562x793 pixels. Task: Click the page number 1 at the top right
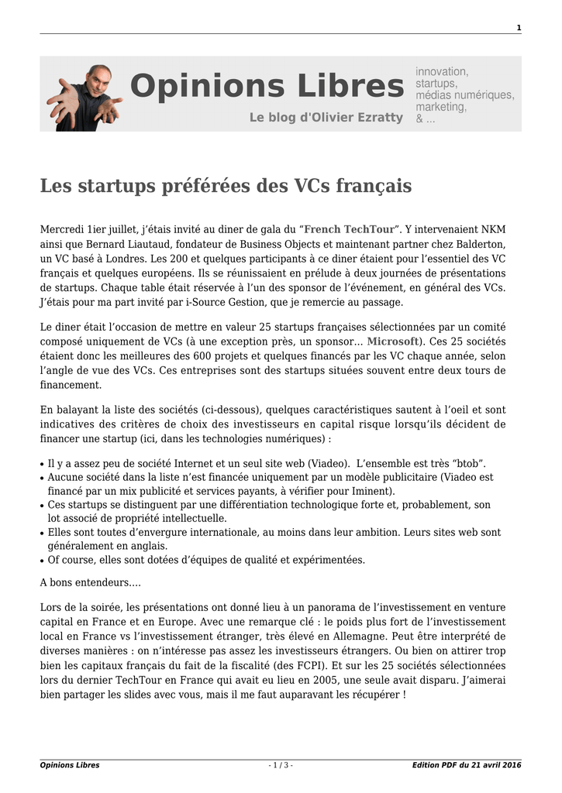[x=519, y=29]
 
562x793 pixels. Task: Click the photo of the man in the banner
[x=86, y=97]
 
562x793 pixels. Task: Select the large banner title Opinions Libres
[x=267, y=85]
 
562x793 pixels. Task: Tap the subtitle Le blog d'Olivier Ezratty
[x=326, y=118]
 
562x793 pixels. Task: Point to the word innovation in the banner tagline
[x=442, y=71]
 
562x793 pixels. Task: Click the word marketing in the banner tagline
[x=440, y=107]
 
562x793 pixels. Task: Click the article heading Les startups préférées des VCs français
[x=226, y=187]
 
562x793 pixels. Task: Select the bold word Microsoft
[x=394, y=341]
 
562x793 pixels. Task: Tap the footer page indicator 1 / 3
[x=281, y=765]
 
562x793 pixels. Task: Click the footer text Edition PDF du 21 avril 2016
[x=467, y=765]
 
